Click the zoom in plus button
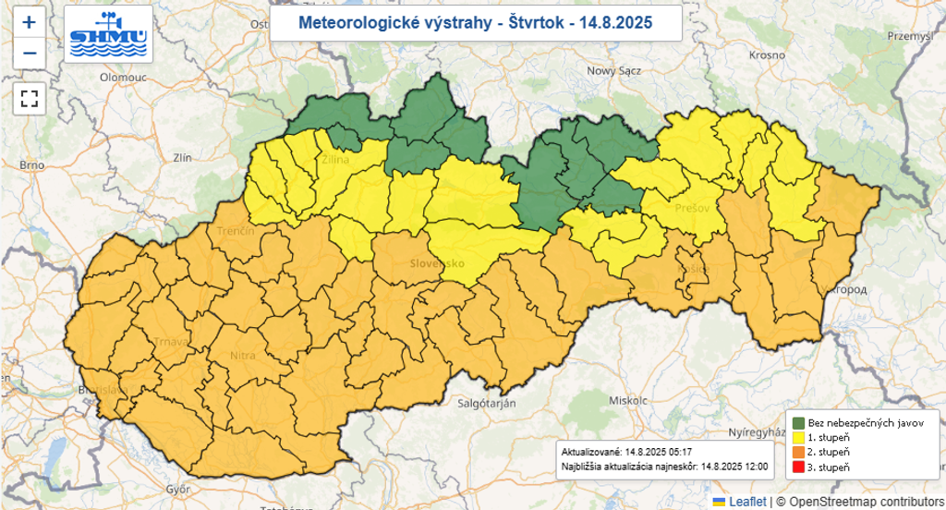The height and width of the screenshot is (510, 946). [30, 23]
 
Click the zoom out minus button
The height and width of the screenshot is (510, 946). [30, 54]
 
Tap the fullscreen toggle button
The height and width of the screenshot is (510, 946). [30, 97]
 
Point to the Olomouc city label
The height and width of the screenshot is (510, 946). [124, 79]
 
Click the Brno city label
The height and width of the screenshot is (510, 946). [32, 164]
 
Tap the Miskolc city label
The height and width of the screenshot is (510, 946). [629, 401]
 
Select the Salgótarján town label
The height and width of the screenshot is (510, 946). [487, 404]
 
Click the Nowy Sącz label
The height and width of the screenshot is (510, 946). [613, 71]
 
